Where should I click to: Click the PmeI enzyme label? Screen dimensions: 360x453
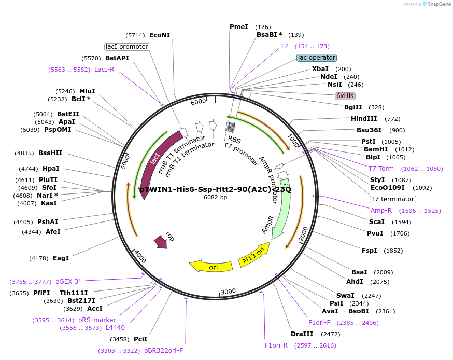[x=239, y=27]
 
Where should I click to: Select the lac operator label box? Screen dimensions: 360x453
[x=316, y=58]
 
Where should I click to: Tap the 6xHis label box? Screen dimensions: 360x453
[x=345, y=96]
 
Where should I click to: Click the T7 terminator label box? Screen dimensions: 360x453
[x=392, y=199]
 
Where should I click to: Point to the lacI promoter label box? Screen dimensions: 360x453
[x=127, y=47]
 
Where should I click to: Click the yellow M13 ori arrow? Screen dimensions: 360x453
[x=254, y=255]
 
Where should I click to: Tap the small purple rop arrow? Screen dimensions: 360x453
[x=161, y=241]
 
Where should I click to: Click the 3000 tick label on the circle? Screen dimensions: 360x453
[x=229, y=292]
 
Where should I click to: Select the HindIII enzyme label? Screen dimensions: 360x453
[x=368, y=119]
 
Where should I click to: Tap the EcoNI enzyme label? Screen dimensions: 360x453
[x=160, y=35]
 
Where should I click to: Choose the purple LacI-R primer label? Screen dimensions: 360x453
[x=104, y=70]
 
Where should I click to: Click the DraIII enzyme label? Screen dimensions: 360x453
[x=301, y=334]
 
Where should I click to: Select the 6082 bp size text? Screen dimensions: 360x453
[x=215, y=198]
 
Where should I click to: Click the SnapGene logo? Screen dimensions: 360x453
[x=435, y=4]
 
